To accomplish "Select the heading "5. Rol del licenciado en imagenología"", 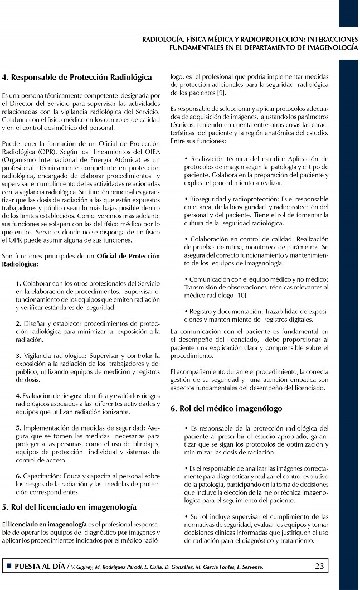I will point(69,507).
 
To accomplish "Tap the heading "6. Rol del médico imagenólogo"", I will point(226,408).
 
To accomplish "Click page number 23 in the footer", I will point(319,566).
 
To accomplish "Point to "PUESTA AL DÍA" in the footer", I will point(38,567).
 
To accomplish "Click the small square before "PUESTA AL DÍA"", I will point(8,567).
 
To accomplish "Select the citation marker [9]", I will point(221,91).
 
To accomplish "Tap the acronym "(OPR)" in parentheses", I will point(40,152).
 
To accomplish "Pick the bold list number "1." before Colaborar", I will point(19,284).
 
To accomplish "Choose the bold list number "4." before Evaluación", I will point(19,395).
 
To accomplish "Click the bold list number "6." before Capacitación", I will point(19,476).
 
